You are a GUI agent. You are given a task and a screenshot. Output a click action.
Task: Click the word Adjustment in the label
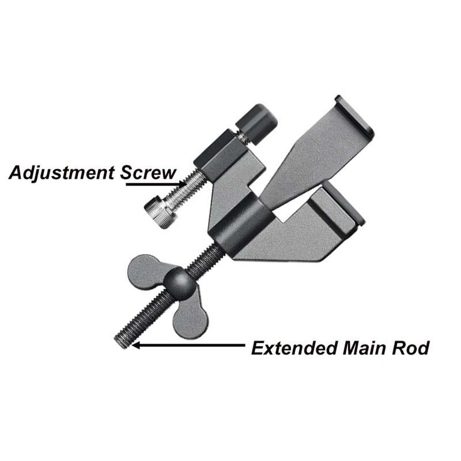coord(61,173)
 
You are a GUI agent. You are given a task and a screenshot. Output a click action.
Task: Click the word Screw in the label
coord(148,172)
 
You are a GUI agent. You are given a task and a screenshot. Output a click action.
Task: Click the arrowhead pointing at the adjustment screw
coord(182,184)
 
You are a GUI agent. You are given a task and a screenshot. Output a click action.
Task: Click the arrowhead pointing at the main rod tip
coord(136,345)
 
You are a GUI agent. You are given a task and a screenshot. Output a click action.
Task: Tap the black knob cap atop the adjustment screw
coord(256,123)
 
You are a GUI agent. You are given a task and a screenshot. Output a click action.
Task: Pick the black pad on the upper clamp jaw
coord(354,115)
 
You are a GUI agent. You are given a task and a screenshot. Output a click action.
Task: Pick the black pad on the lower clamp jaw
coord(345,203)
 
